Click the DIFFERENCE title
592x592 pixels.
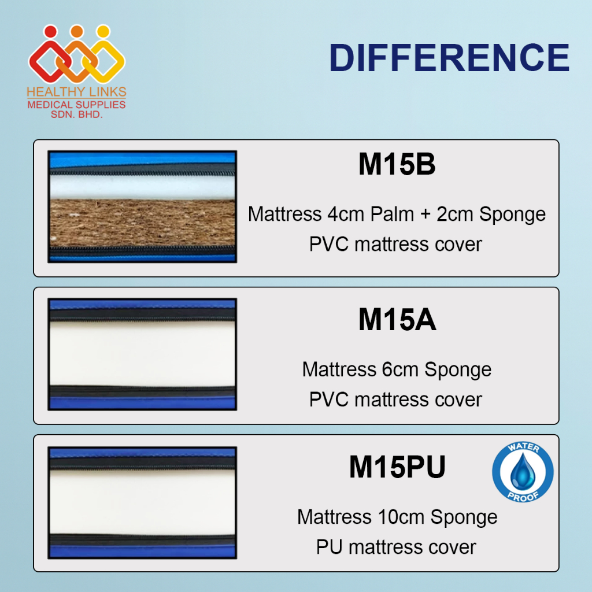(449, 57)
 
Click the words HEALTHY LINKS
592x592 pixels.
(77, 92)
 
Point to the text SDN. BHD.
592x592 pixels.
(77, 114)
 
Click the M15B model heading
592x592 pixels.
(397, 164)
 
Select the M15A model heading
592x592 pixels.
(397, 319)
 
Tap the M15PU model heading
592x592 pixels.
(397, 467)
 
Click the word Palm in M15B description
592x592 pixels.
(392, 214)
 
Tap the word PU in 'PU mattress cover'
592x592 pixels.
(330, 547)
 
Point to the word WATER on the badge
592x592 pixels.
(523, 448)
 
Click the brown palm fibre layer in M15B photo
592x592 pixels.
(142, 223)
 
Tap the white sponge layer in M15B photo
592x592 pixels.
(142, 187)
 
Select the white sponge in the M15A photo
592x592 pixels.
(142, 353)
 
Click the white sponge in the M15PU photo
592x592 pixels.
(142, 502)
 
